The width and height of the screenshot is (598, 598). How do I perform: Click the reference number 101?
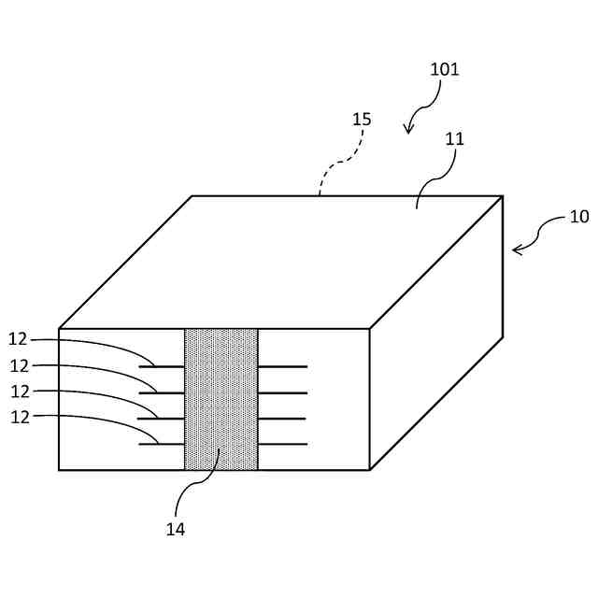tap(444, 69)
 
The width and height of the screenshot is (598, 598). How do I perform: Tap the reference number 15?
tap(362, 120)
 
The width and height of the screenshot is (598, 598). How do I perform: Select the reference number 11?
tap(455, 139)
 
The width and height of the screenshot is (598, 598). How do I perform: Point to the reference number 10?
tap(579, 217)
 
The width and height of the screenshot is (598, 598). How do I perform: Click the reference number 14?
tap(176, 529)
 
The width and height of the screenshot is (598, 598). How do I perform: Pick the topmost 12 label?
tap(20, 339)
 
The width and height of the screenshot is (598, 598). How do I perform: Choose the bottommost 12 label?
tap(20, 418)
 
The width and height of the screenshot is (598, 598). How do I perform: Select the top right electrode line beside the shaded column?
tap(282, 367)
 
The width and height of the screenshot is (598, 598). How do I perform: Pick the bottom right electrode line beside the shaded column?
tap(282, 444)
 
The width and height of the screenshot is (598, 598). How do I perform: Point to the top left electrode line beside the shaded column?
tap(162, 367)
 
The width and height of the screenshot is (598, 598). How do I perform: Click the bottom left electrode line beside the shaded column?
tap(162, 444)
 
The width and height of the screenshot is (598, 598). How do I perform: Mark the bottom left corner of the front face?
tap(59, 469)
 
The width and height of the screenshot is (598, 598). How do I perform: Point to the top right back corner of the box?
tap(503, 196)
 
